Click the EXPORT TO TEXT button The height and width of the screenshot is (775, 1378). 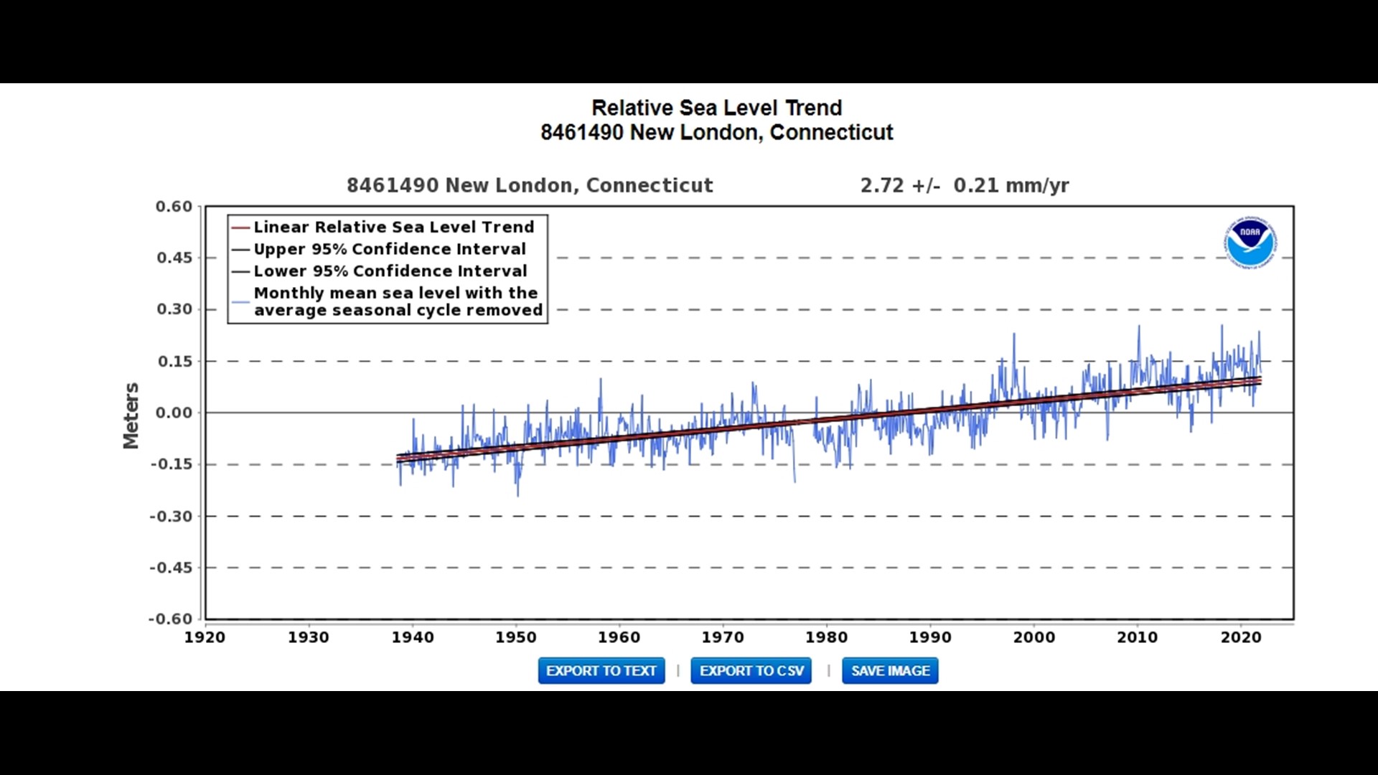coord(601,671)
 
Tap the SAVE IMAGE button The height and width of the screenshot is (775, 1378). coord(890,671)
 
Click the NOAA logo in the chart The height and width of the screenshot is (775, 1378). coord(1250,242)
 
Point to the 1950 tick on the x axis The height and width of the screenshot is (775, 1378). coord(516,637)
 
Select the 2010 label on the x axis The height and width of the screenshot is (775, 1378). coord(1137,637)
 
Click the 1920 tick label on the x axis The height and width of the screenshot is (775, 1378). coord(205,637)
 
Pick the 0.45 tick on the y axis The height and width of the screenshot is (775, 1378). coord(174,258)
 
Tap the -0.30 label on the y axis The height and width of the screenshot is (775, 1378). coord(171,517)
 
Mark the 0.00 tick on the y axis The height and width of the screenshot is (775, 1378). coord(174,413)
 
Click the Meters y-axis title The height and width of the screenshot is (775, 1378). coord(131,415)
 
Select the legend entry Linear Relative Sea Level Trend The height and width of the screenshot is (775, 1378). coord(393,227)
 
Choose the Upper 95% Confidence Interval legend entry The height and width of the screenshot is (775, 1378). coord(390,249)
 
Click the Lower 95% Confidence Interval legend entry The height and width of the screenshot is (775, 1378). coord(390,271)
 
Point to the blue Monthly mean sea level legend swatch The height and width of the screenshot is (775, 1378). coord(240,302)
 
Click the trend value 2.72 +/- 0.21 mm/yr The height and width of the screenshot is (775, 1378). coord(964,186)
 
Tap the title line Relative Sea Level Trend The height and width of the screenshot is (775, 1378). coord(716,108)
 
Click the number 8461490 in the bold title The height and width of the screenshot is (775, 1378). coord(581,133)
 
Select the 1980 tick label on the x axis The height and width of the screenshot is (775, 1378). coord(826,637)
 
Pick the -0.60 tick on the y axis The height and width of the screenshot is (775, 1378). coord(171,619)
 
